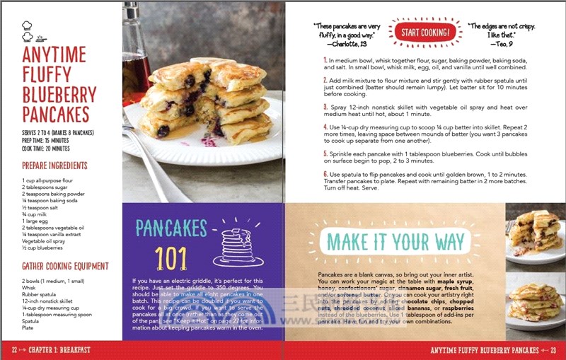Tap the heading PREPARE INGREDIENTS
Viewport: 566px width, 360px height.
[54, 166]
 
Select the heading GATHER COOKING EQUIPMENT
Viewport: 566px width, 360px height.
[65, 267]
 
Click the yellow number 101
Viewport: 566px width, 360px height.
[171, 259]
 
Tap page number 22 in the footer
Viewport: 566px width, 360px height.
[14, 350]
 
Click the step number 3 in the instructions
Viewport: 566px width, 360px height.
[325, 107]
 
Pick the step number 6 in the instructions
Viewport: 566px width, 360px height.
[325, 174]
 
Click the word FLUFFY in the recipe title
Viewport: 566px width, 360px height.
[47, 74]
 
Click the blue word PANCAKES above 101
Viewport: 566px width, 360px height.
[171, 227]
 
